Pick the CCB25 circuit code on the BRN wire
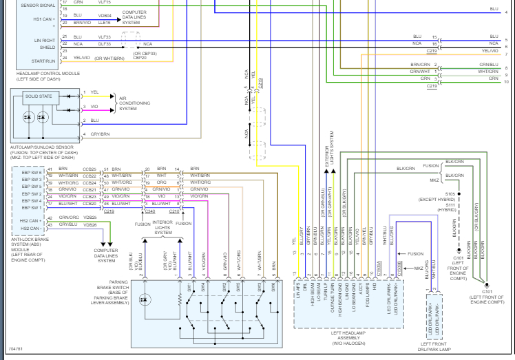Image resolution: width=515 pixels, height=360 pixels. pos(89,169)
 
